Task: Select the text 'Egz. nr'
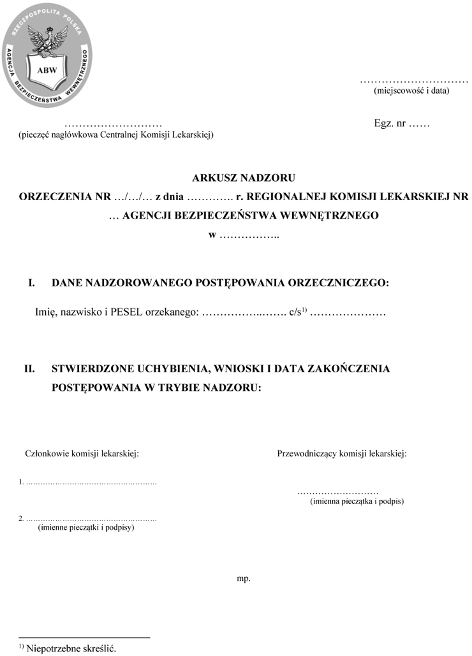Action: pos(390,123)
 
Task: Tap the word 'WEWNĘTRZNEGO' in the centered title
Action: pos(330,215)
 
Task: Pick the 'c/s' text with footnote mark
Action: pos(298,313)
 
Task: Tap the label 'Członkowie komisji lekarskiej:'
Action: pos(82,454)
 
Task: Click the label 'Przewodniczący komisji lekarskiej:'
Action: pos(342,454)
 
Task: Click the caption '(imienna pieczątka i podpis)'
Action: pos(357,502)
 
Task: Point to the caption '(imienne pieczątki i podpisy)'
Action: pos(86,528)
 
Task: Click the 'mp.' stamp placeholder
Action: pos(244,579)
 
